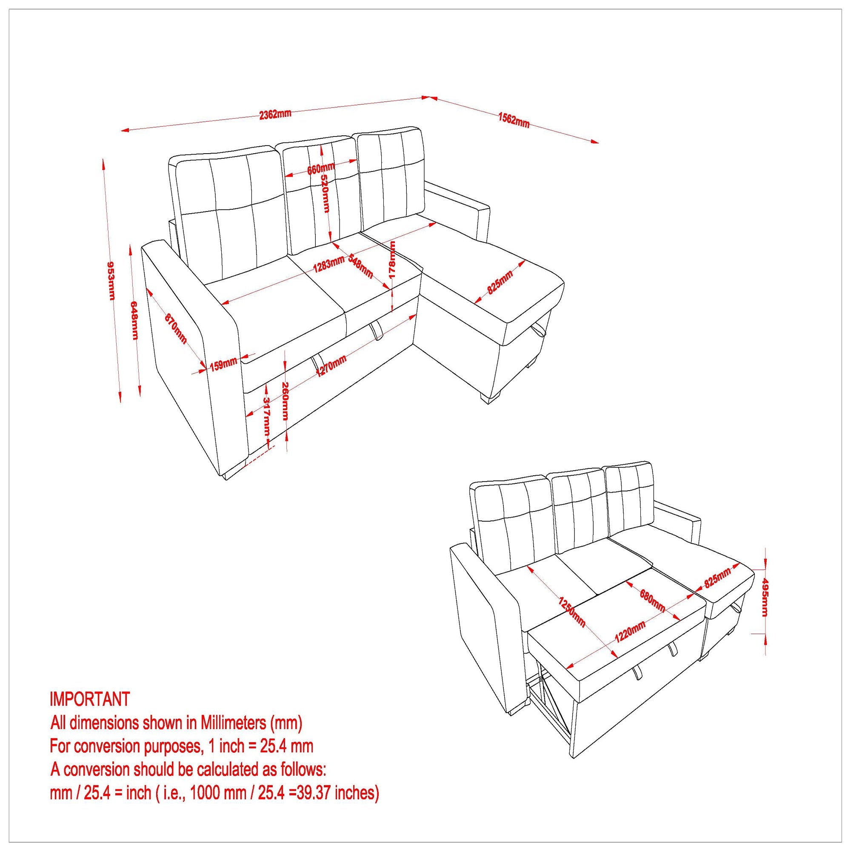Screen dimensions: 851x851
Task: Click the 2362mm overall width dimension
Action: pos(275,114)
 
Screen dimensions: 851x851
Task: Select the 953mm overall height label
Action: pos(111,280)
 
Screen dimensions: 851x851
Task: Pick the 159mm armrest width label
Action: pos(223,365)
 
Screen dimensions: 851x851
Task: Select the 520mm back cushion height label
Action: pos(325,193)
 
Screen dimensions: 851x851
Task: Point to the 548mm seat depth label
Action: pos(360,266)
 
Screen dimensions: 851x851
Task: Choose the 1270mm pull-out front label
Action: pos(331,366)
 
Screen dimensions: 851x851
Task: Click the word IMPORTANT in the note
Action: pos(90,699)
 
